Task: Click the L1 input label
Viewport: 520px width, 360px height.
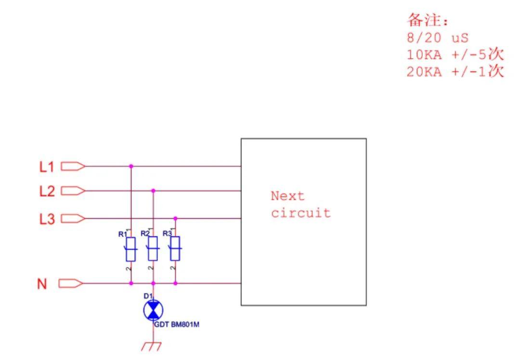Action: pyautogui.click(x=46, y=167)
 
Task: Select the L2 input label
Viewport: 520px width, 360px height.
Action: pyautogui.click(x=47, y=191)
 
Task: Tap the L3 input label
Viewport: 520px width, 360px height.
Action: pyautogui.click(x=47, y=219)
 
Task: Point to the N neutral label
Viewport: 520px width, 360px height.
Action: pyautogui.click(x=42, y=284)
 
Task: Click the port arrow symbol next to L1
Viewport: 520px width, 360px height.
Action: pyautogui.click(x=73, y=166)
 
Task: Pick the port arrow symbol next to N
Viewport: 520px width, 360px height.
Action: pyautogui.click(x=71, y=283)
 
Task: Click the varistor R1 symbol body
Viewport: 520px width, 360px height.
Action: pyautogui.click(x=130, y=249)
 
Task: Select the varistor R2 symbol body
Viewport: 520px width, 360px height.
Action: pyautogui.click(x=153, y=249)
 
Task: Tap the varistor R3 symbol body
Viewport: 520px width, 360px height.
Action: pyautogui.click(x=175, y=249)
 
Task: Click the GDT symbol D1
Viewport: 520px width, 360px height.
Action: pyautogui.click(x=153, y=310)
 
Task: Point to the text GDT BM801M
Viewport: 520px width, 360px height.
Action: pyautogui.click(x=177, y=324)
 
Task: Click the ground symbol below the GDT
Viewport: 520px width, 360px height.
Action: pyautogui.click(x=152, y=347)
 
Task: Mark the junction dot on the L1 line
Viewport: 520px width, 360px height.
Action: pyautogui.click(x=131, y=166)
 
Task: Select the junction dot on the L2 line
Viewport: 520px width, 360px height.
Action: pyautogui.click(x=153, y=191)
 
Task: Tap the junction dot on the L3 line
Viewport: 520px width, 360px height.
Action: pyautogui.click(x=175, y=219)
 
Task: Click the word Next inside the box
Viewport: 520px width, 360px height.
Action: pyautogui.click(x=287, y=196)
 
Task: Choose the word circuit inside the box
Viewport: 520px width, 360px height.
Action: pyautogui.click(x=301, y=213)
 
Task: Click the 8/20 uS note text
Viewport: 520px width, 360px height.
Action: pyautogui.click(x=437, y=38)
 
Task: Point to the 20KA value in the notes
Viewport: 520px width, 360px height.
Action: pyautogui.click(x=424, y=72)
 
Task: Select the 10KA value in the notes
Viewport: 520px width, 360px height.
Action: pyautogui.click(x=424, y=55)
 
